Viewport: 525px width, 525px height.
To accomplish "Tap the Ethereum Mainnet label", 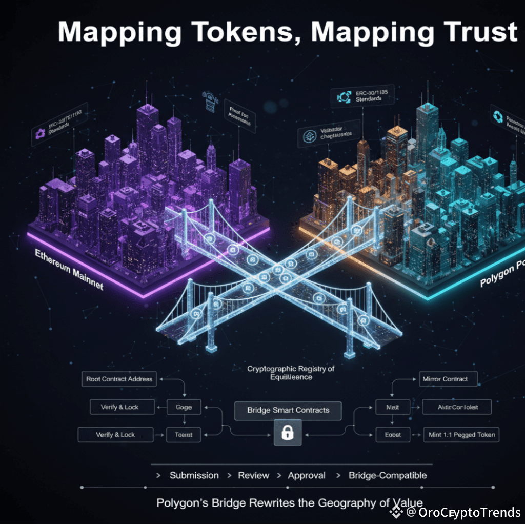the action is [69, 269].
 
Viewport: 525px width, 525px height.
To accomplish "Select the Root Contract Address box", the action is [119, 379].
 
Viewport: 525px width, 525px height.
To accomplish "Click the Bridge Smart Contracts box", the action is [288, 410].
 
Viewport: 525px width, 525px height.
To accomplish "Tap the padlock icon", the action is [288, 434].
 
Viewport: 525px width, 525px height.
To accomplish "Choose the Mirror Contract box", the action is [445, 379].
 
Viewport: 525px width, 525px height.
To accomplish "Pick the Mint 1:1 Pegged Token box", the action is [462, 435].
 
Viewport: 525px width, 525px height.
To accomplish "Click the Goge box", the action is [184, 407].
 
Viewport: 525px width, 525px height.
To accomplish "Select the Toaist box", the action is [184, 435].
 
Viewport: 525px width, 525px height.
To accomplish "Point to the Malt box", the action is [392, 407].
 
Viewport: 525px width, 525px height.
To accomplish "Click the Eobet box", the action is [393, 435].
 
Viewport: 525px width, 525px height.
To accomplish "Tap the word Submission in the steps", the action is [194, 476].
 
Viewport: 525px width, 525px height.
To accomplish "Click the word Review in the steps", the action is [254, 476].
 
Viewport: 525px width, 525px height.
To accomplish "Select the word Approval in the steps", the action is [307, 476].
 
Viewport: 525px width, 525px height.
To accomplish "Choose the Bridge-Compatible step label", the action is [388, 476].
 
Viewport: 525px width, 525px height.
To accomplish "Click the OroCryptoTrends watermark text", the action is [469, 512].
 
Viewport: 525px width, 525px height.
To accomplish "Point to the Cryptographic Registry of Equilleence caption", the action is [291, 373].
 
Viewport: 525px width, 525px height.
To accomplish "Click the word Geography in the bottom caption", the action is [346, 503].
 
